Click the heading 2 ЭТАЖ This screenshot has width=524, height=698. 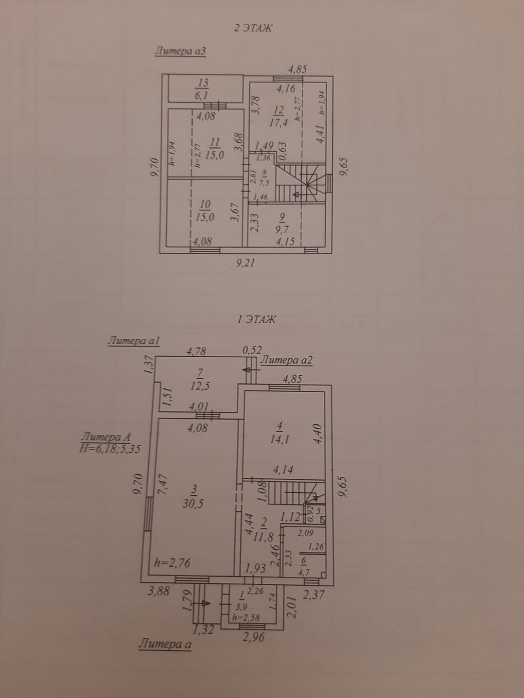pos(253,28)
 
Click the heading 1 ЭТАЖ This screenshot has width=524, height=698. pos(256,319)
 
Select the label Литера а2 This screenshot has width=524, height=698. pos(286,360)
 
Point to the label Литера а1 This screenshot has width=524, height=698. pos(134,341)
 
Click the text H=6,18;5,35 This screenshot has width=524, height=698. pos(110,449)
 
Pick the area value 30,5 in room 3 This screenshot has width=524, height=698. pos(193,504)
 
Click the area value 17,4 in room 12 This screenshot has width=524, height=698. pos(278,123)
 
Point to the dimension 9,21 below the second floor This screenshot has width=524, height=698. pos(245,263)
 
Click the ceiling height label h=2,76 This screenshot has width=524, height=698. pos(172,563)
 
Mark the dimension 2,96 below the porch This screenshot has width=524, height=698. pos(254,636)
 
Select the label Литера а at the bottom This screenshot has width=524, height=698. pos(165,644)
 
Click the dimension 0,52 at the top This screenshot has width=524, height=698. pos(252,349)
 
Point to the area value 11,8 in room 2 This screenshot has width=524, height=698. pos(266,537)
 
